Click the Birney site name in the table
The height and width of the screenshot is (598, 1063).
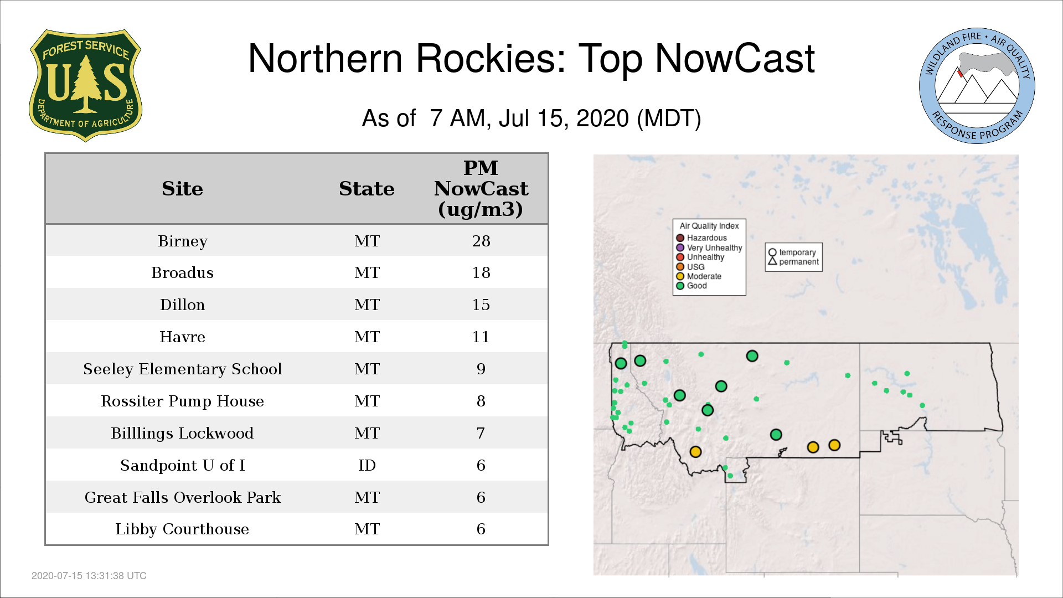pos(182,241)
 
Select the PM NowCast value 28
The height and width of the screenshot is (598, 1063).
pos(481,241)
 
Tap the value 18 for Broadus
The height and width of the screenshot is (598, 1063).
pos(481,272)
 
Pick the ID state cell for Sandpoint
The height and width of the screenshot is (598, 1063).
pos(367,465)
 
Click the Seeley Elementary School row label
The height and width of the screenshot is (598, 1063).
pos(182,369)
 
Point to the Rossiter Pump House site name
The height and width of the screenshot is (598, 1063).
pos(182,401)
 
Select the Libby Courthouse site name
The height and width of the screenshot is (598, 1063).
pos(182,529)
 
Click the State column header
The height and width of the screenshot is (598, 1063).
pos(367,189)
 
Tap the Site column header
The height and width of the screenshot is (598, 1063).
pos(182,189)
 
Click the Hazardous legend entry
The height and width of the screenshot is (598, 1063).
pos(701,238)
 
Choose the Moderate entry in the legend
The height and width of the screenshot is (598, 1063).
pos(699,276)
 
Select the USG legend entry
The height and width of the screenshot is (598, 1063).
pos(690,267)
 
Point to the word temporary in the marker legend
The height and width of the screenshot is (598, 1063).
pos(797,252)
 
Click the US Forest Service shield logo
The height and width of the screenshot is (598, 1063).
pos(85,85)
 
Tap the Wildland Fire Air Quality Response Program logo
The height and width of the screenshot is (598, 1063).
pos(977,86)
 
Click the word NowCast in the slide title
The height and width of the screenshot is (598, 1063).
pos(735,58)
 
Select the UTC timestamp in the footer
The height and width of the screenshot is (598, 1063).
pos(89,576)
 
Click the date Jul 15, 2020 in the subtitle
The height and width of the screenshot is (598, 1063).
pos(564,118)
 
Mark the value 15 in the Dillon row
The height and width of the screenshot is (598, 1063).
pos(481,305)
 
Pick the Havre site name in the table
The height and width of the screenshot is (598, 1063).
pos(182,337)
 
